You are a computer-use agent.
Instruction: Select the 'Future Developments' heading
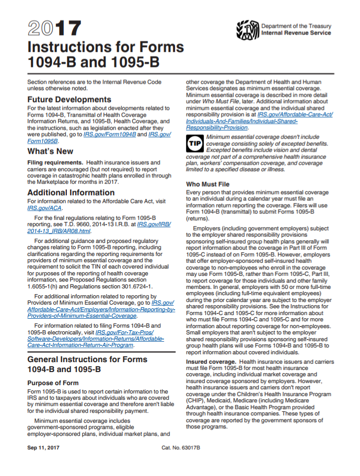pyautogui.click(x=69, y=99)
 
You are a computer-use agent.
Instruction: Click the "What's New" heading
pyautogui.click(x=51, y=152)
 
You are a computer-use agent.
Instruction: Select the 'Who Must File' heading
pyautogui.click(x=207, y=184)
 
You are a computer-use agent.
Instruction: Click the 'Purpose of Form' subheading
pyautogui.click(x=53, y=383)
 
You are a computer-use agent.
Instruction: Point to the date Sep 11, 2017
pyautogui.click(x=44, y=448)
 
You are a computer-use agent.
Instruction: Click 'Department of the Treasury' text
pyautogui.click(x=295, y=26)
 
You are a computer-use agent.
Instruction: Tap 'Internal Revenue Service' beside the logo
pyautogui.click(x=296, y=33)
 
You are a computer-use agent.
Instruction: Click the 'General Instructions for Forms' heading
pyautogui.click(x=87, y=359)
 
